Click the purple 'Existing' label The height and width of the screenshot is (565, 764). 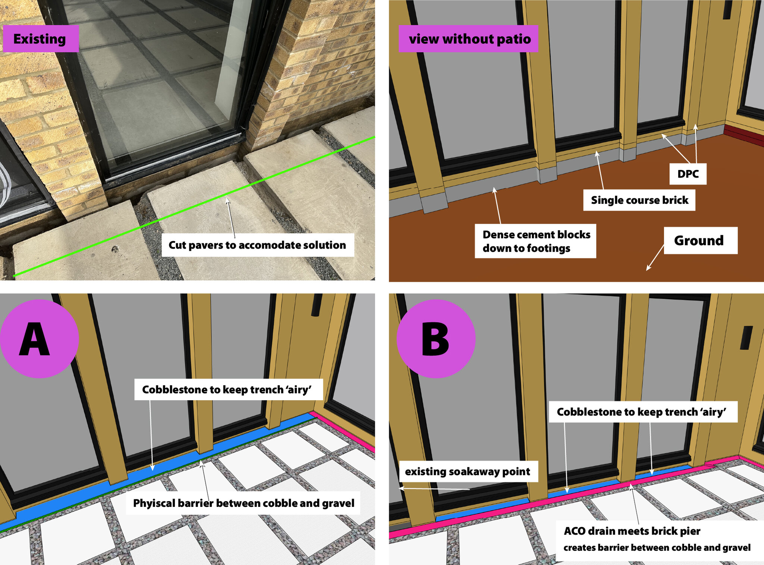pos(41,39)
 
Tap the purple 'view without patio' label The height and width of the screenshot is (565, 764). pos(469,39)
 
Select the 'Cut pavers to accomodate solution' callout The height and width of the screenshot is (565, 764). pos(257,245)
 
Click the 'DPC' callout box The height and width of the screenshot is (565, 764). pos(688,174)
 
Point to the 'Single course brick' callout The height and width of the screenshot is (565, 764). pos(639,200)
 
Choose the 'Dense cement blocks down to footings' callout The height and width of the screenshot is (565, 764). pos(535,241)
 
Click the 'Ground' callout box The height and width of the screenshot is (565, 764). pos(701,240)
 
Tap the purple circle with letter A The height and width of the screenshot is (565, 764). pos(39,339)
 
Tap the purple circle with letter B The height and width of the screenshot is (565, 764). pos(436,339)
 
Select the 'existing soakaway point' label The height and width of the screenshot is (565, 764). pos(469,471)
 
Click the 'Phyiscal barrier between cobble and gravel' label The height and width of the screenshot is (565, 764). pos(243,503)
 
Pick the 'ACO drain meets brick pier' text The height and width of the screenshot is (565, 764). pos(632,531)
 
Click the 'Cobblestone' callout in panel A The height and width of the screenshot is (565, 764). pos(228,390)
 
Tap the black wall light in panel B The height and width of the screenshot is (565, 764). pos(747,338)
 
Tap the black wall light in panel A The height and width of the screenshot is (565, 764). pos(317,305)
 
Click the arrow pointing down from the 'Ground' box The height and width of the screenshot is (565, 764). pos(655,258)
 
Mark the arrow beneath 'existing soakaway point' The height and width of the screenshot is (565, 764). pos(434,488)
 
